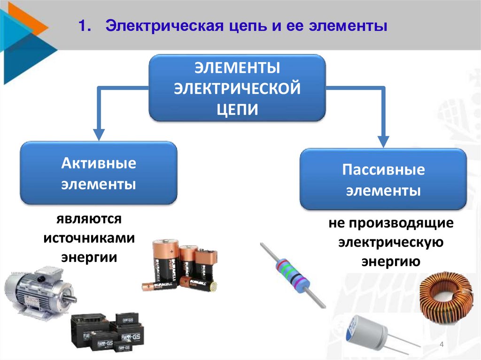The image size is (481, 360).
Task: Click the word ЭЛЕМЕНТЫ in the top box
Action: (x=237, y=68)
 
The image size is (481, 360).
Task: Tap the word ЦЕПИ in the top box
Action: (x=237, y=109)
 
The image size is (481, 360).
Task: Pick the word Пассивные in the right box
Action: (x=383, y=169)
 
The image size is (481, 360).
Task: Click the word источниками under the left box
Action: (x=89, y=238)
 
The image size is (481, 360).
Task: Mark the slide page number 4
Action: (x=441, y=346)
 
